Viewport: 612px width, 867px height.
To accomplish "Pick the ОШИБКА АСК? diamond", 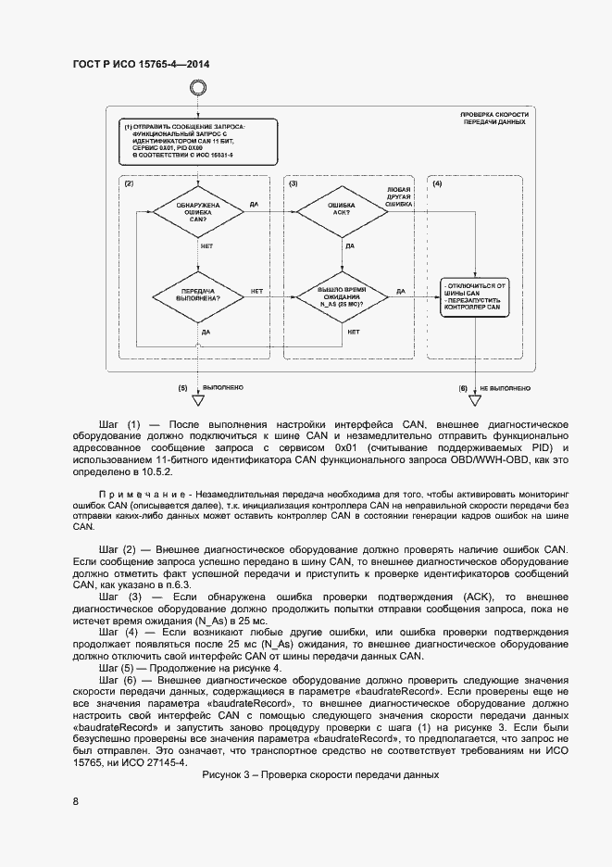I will click(x=340, y=214).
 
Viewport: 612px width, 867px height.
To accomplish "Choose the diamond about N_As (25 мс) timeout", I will click(x=340, y=295).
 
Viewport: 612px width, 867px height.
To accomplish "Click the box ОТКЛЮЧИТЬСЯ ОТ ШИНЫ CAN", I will click(x=474, y=295).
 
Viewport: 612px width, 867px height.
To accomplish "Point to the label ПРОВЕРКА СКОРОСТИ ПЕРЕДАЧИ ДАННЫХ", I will click(x=495, y=119).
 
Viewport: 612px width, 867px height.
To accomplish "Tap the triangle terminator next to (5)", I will click(x=197, y=400).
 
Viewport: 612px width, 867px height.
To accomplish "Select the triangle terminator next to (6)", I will click(x=475, y=400).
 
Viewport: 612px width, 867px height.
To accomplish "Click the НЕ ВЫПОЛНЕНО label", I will click(x=505, y=387).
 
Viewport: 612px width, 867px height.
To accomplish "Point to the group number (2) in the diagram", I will click(x=130, y=184).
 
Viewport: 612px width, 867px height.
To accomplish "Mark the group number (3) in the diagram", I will click(x=294, y=184).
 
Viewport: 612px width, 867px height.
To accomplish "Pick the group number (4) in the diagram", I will click(x=437, y=184).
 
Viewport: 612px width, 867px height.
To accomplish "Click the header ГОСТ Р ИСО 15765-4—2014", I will click(x=140, y=64).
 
